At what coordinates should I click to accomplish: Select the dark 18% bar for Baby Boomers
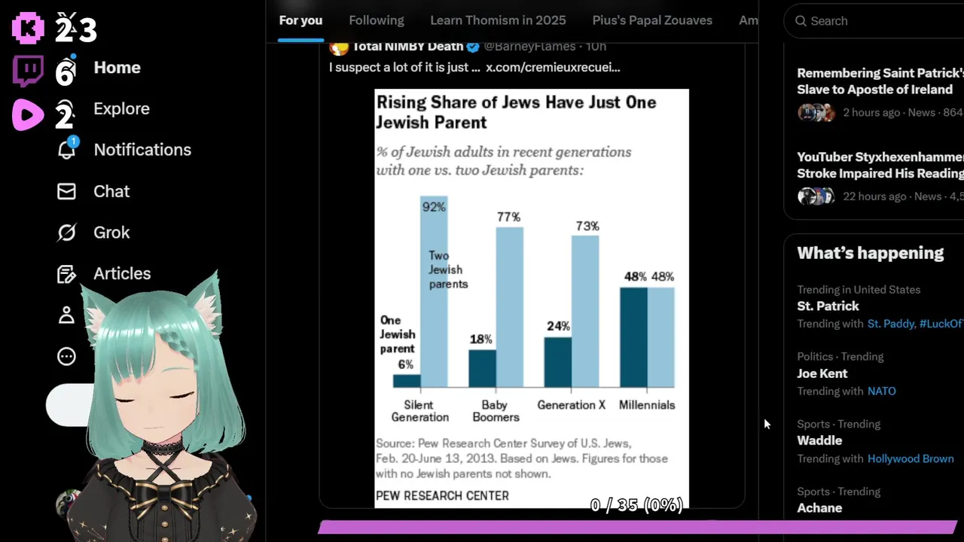(x=482, y=368)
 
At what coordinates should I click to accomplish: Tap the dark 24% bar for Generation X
(x=557, y=362)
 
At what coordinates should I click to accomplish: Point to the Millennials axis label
(x=646, y=405)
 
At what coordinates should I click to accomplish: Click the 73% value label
(x=587, y=226)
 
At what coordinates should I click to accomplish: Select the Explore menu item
(x=121, y=108)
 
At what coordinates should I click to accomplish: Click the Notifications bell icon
(x=67, y=149)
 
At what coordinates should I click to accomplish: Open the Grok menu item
(x=111, y=233)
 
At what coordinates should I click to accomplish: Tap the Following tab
(x=377, y=20)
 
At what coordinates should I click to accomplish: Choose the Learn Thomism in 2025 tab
(x=498, y=20)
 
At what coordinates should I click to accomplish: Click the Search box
(x=874, y=21)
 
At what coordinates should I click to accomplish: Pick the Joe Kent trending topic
(x=822, y=373)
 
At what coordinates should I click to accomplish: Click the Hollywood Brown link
(x=911, y=458)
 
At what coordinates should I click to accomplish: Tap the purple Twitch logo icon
(x=29, y=72)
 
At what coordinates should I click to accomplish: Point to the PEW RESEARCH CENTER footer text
(x=442, y=495)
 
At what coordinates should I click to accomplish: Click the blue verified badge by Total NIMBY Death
(x=473, y=47)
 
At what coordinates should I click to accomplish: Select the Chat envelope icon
(x=67, y=191)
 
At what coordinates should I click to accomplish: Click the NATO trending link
(x=881, y=391)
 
